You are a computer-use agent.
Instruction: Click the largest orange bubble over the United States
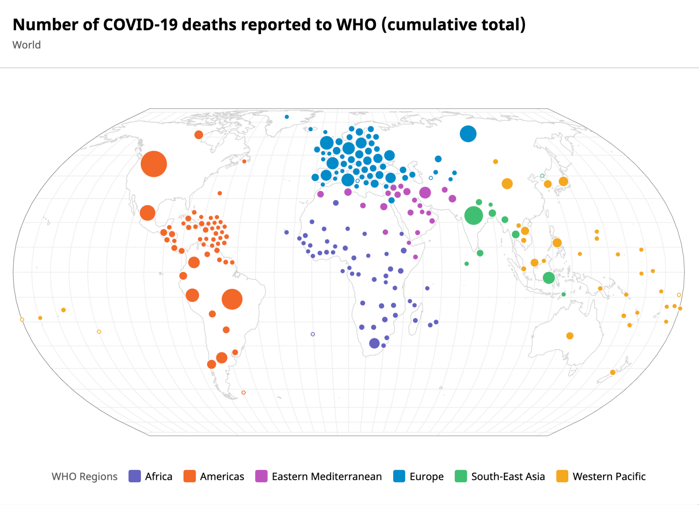click(x=154, y=164)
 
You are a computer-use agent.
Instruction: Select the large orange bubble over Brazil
click(x=232, y=299)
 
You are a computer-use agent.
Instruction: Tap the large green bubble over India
click(x=474, y=215)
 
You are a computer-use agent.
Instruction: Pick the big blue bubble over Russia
click(x=468, y=134)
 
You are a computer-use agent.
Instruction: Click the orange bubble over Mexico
click(x=147, y=213)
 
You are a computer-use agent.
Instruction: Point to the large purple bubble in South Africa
click(x=374, y=343)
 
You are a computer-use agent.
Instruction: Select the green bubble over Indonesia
click(x=549, y=278)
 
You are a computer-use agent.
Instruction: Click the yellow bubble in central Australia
click(x=570, y=336)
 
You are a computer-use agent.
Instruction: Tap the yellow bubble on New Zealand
click(x=613, y=372)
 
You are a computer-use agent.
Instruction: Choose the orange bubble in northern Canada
click(x=199, y=135)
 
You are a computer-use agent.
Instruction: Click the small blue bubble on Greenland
click(x=287, y=117)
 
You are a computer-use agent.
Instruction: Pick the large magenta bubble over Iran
click(x=425, y=192)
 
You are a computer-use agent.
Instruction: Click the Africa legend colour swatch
click(x=135, y=476)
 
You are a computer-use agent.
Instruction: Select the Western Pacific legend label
click(x=609, y=477)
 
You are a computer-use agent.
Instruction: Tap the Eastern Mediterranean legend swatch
click(x=261, y=476)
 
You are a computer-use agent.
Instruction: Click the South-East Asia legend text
click(x=508, y=477)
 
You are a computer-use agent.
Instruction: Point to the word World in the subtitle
click(x=27, y=45)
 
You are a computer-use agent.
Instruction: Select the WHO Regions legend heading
click(x=85, y=477)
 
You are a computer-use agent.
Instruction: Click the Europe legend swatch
click(x=399, y=476)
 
